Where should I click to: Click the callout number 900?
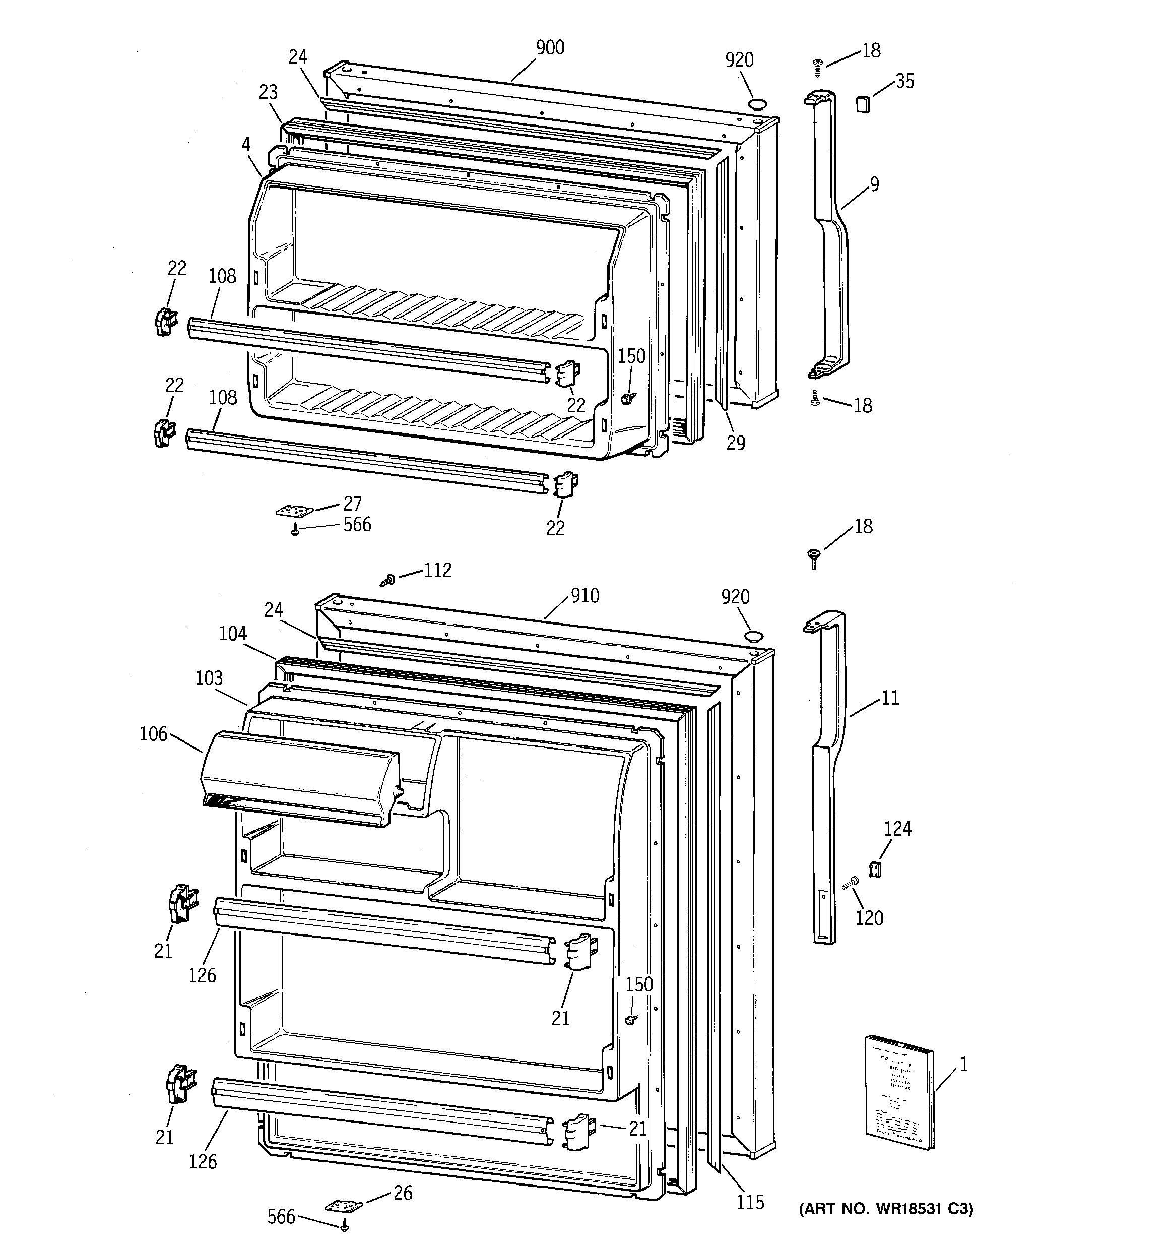[550, 48]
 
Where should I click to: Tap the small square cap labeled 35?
[864, 103]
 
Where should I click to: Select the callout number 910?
[584, 595]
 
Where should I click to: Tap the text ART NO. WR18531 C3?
[885, 1208]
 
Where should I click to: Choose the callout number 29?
[736, 443]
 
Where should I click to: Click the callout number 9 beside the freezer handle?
[874, 184]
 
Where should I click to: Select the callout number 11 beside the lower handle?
[890, 698]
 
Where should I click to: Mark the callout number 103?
[209, 678]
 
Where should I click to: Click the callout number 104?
[233, 634]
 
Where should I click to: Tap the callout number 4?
[246, 145]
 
